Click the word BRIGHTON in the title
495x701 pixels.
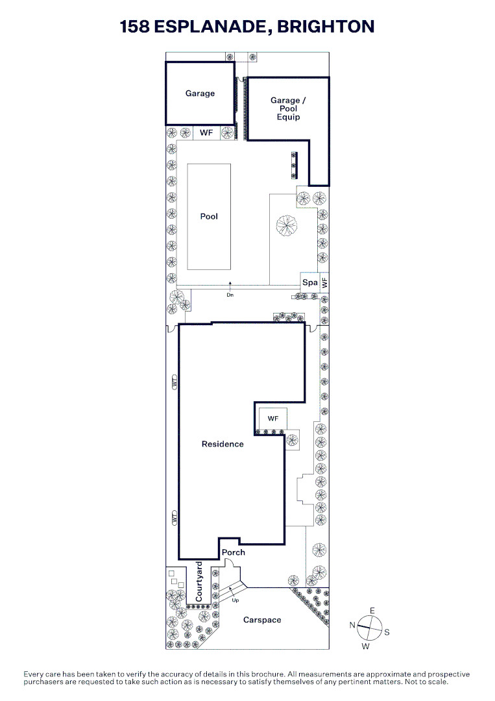coord(326,27)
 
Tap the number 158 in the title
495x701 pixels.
coord(134,27)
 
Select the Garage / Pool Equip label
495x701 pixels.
coord(288,108)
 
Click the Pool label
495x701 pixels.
coord(209,216)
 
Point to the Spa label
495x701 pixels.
coord(310,282)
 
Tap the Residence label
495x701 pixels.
coord(223,444)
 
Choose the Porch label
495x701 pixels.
coord(233,552)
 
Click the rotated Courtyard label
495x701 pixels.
coord(199,582)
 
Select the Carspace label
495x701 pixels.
coord(262,620)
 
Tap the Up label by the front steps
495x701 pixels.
coord(235,600)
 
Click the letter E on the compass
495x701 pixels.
coord(372,611)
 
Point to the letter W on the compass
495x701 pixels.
coord(366,646)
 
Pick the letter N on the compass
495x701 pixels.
coord(352,625)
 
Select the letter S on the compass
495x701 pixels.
coord(387,632)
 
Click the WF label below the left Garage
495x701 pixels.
coord(206,133)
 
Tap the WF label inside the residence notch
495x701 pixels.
coord(273,419)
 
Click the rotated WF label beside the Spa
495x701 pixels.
coord(325,282)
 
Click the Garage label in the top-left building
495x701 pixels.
coord(200,93)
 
